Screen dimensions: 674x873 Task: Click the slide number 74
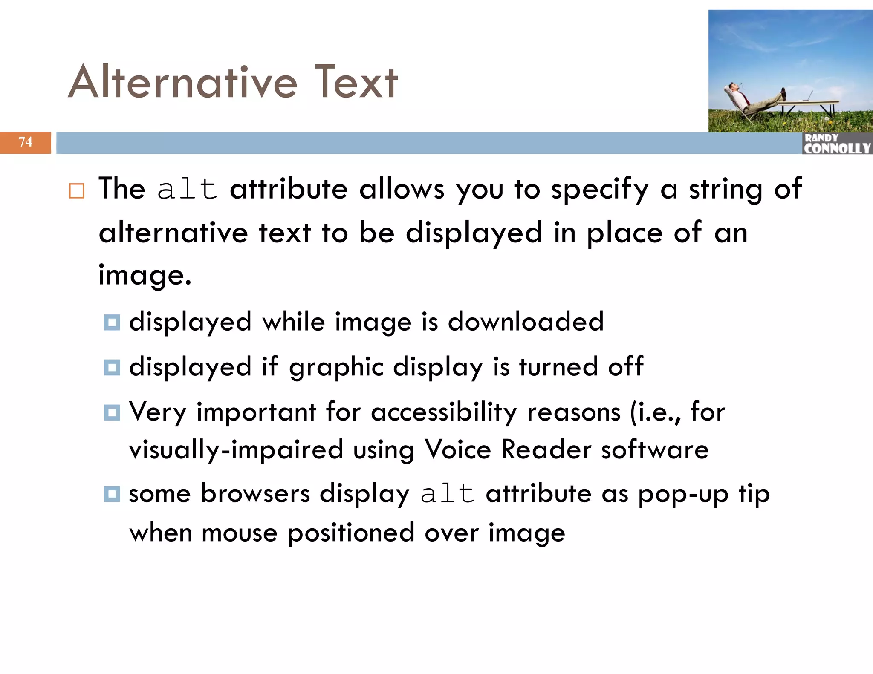(x=26, y=142)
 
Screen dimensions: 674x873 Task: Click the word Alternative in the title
(x=182, y=82)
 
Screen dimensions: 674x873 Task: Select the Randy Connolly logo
(x=837, y=144)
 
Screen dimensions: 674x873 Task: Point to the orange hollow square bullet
(x=77, y=190)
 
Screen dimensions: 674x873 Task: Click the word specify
(x=599, y=190)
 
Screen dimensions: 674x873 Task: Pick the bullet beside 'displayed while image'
(x=112, y=322)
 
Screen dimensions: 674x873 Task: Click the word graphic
(x=336, y=367)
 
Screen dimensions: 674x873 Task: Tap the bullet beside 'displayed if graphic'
(x=112, y=367)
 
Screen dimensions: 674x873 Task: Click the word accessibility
(x=444, y=412)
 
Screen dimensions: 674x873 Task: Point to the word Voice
(x=458, y=449)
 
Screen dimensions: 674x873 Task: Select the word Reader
(x=546, y=449)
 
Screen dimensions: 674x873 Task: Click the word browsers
(x=255, y=494)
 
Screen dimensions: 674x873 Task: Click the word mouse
(x=240, y=533)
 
